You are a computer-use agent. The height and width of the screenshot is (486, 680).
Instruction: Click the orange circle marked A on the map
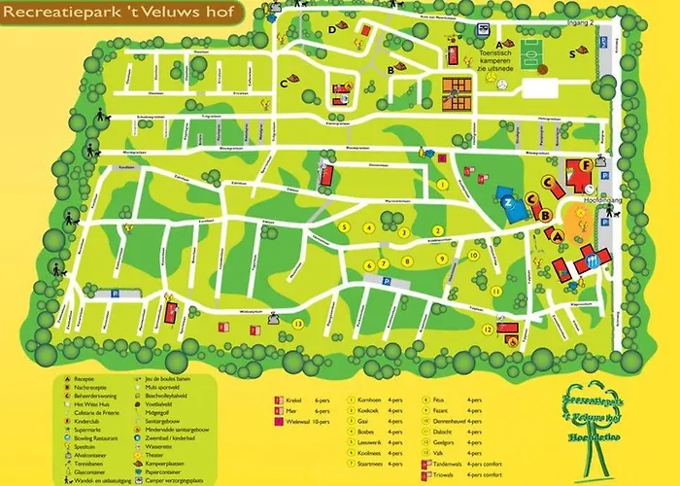558,234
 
